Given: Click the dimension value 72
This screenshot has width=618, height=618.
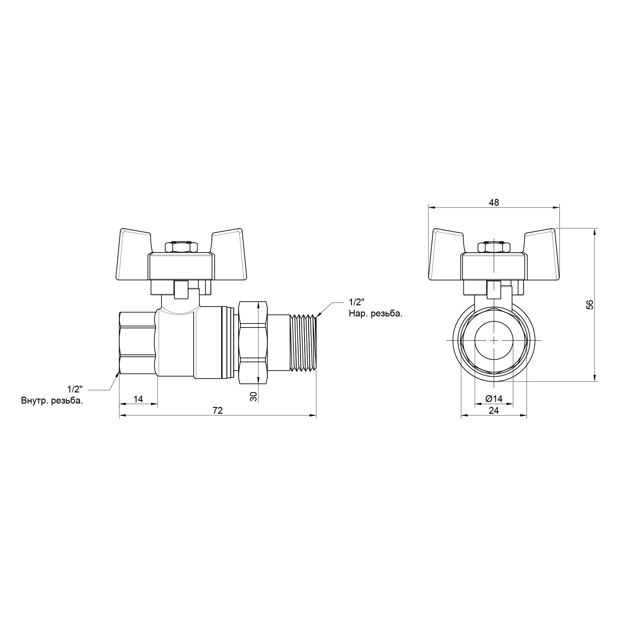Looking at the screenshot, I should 218,410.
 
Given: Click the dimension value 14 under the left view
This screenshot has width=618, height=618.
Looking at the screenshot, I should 138,399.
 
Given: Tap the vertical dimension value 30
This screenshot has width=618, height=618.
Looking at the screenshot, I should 253,397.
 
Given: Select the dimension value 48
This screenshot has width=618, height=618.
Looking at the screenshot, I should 494,202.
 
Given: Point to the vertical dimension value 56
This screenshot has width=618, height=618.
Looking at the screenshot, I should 591,305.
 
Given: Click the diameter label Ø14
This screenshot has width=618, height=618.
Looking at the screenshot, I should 494,399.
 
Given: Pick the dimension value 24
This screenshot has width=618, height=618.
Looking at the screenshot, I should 494,410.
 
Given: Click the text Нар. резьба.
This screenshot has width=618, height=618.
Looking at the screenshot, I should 375,314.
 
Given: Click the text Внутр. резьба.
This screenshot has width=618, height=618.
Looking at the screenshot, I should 52,401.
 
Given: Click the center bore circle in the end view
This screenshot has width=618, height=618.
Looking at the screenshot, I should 494,340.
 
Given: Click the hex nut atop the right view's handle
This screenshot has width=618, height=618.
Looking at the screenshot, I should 493,248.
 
